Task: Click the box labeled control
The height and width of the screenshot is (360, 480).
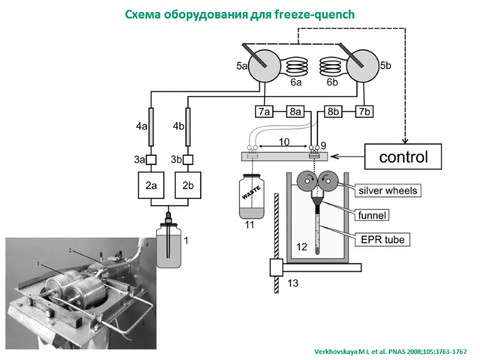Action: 403,157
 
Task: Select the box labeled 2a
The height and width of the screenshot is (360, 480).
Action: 150,186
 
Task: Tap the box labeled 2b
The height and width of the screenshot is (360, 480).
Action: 187,186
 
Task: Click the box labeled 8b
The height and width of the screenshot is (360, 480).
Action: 334,112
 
